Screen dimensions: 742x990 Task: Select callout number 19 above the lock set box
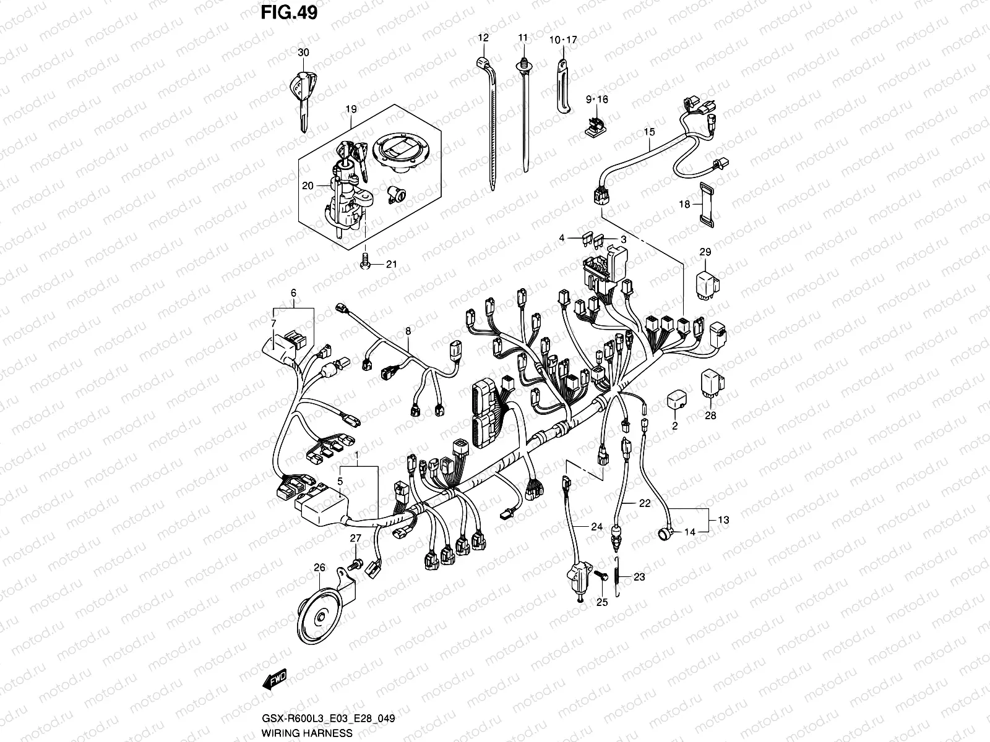(x=351, y=109)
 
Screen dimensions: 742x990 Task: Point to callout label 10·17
(x=562, y=40)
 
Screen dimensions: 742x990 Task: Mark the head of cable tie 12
(x=482, y=62)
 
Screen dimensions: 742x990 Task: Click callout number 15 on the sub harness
(x=649, y=132)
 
